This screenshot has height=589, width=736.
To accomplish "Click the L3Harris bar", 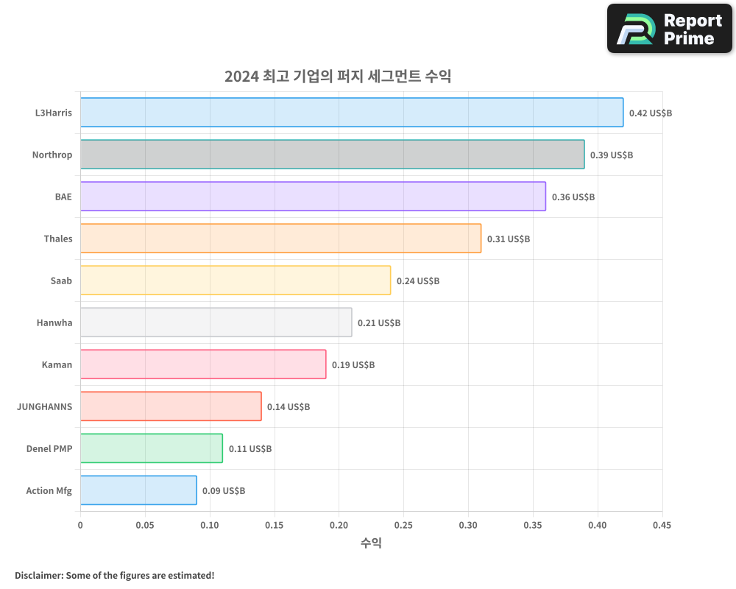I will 352,113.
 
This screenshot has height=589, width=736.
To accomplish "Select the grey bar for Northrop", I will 332,155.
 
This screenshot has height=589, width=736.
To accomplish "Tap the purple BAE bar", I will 313,197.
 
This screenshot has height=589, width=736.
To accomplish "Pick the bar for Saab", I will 236,281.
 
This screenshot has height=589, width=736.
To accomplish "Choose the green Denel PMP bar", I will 152,448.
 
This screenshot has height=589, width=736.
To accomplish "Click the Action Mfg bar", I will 138,490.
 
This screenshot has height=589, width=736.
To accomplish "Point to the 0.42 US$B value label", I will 650,113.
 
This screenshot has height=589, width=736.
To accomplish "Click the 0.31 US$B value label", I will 508,239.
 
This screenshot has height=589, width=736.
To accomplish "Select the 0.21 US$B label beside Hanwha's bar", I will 379,323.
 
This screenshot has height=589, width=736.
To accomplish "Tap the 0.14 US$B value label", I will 289,407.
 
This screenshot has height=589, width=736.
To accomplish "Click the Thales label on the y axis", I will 58,239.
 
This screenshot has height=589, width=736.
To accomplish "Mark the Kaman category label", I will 57,364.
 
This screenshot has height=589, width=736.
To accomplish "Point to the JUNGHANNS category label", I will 44,406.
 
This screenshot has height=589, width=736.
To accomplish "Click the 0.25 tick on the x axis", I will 403,526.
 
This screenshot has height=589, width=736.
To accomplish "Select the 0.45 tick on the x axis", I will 662,526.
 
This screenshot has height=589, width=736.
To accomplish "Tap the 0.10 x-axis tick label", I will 210,526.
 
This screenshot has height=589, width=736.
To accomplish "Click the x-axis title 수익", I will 371,543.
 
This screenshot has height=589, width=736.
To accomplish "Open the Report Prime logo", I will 670,29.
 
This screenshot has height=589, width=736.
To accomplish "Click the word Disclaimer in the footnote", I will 38,575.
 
